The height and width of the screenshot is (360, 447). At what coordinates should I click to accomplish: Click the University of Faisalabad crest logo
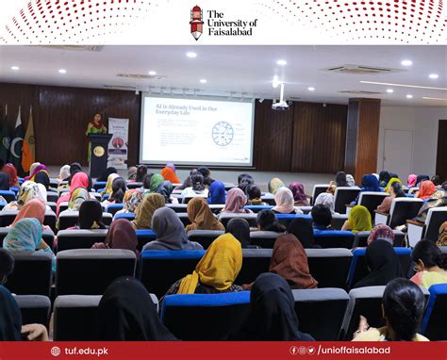(196, 21)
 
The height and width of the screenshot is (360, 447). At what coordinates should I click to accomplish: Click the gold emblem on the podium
(99, 151)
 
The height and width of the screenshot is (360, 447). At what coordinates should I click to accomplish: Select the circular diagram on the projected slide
(223, 133)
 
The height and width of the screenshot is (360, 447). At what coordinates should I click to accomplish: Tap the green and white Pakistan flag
(18, 137)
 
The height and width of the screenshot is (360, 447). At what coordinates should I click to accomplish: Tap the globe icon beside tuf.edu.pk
(58, 351)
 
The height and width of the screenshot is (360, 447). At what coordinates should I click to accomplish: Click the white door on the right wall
(397, 152)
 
